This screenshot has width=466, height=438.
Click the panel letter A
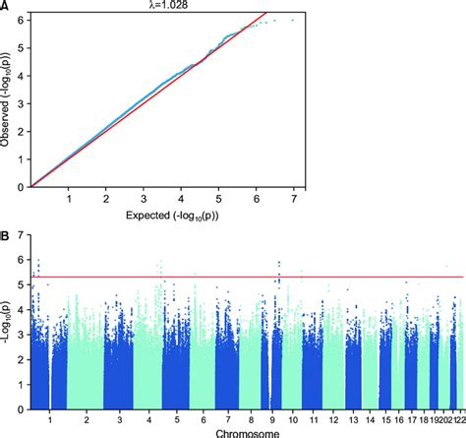tap(6, 7)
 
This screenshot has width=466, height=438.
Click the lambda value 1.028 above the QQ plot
tap(233, 7)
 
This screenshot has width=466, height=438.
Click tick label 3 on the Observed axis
tap(21, 103)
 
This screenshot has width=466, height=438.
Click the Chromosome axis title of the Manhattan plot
tap(235, 430)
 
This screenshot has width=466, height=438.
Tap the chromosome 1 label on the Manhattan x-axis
tap(50, 417)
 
